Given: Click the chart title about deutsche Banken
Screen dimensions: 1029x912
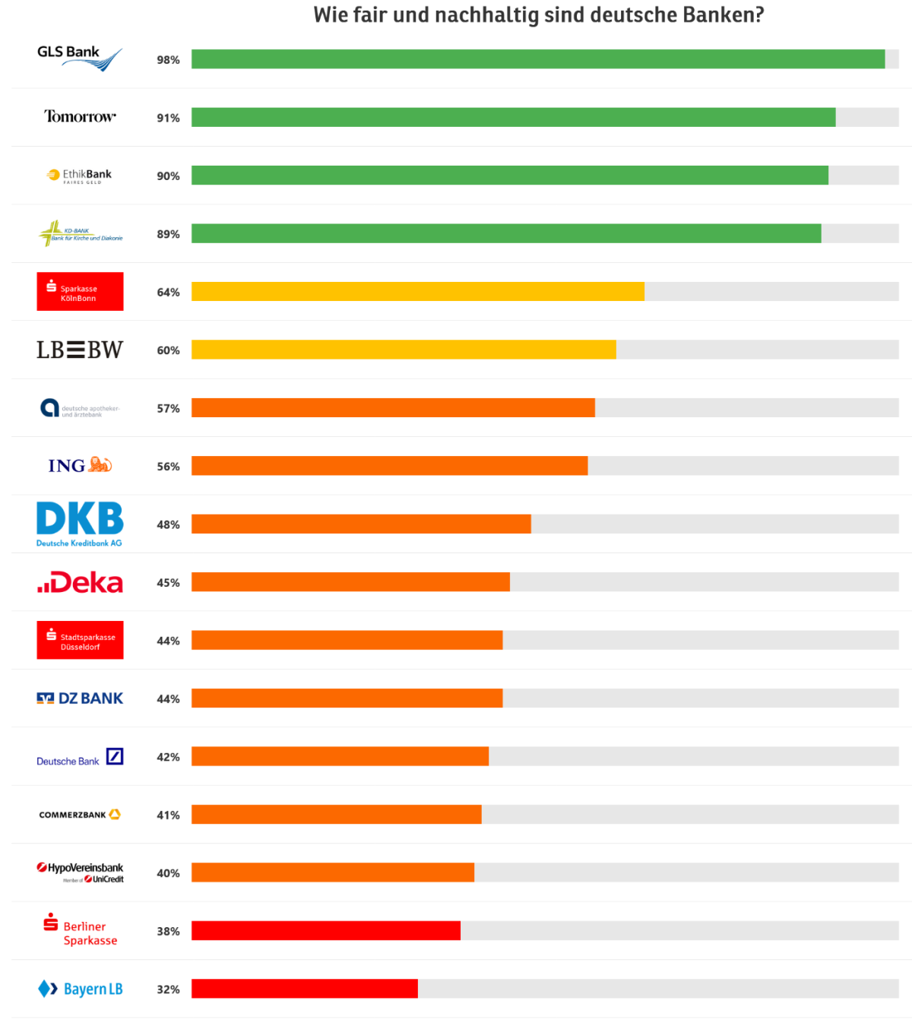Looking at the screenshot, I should coord(538,15).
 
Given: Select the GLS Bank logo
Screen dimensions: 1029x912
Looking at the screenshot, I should coord(79,58).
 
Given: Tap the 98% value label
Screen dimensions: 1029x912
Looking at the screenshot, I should coord(168,60).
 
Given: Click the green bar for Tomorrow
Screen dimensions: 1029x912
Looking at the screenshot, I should coord(513,117).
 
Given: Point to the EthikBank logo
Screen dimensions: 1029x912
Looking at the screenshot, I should coord(79,176).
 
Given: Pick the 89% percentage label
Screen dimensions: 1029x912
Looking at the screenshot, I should coord(168,234).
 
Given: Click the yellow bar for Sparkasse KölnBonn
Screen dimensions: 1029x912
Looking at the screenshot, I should coord(417,292).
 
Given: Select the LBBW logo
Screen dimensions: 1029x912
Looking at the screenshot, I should coord(79,350).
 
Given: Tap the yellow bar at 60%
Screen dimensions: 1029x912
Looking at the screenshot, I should coord(404,350).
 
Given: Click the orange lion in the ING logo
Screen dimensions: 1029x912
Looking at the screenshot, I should coord(100,464).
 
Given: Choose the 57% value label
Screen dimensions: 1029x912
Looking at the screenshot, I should coord(168,409).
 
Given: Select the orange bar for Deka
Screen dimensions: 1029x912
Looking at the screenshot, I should coord(350,582).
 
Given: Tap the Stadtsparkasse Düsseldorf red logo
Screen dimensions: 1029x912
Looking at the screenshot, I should coord(80,640).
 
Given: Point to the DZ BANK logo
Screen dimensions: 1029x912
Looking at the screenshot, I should coord(80,698).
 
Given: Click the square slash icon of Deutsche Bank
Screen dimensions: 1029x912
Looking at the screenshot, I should coord(115,756).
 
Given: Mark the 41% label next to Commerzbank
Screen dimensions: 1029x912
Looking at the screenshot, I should coord(168,815).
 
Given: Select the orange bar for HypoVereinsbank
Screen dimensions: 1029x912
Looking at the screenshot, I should coord(332,872).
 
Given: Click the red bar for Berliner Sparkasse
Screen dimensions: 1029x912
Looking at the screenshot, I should coord(325,930).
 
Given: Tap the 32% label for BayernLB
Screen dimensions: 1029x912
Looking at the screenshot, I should coord(168,989).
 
